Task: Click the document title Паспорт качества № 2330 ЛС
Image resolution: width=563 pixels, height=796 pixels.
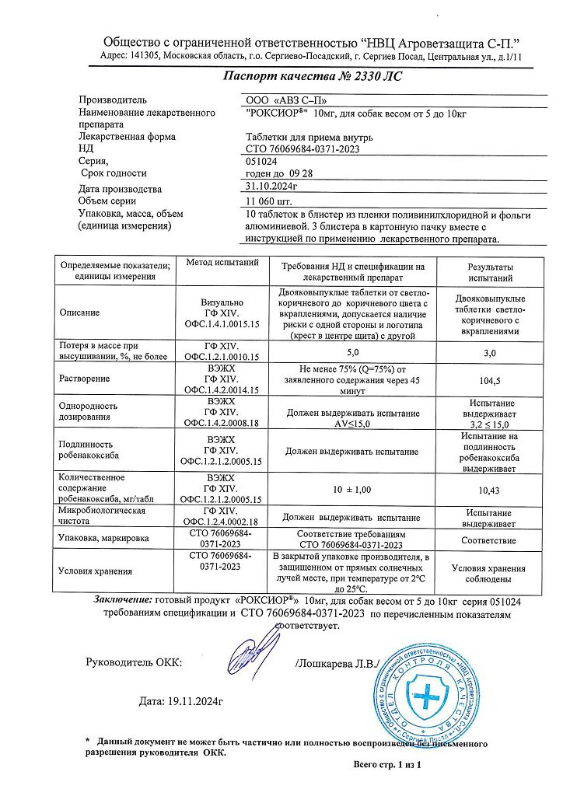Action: coord(313,77)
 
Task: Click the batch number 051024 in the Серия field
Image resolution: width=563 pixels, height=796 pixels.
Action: coord(261,161)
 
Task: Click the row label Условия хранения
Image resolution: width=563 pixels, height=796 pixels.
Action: coord(96,571)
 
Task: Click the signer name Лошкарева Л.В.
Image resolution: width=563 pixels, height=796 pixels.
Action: coord(336,663)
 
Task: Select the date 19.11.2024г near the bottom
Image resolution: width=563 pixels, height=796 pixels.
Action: coord(181,701)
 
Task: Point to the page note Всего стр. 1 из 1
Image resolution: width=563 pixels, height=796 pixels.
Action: coord(386,764)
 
